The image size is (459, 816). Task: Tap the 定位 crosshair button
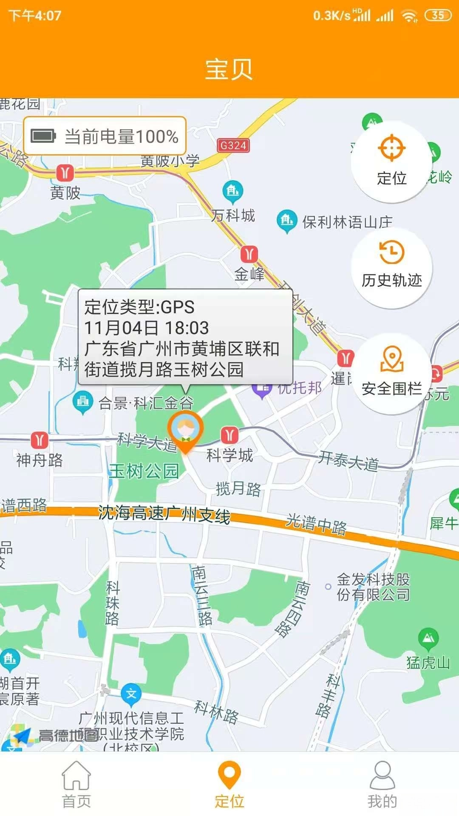[391, 161]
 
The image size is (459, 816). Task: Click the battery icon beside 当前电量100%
[43, 136]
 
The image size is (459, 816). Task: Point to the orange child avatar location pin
[185, 430]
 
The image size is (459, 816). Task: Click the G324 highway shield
[233, 145]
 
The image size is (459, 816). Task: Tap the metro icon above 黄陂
[65, 173]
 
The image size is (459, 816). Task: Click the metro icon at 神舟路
[40, 440]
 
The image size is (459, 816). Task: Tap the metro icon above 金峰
[249, 254]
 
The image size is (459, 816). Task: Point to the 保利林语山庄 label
[347, 222]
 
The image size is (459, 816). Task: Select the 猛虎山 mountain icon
[428, 637]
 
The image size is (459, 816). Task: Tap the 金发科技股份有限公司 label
[373, 587]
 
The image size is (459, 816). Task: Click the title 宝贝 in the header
[229, 69]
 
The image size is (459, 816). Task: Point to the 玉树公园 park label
[144, 471]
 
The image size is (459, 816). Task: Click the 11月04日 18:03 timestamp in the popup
[147, 328]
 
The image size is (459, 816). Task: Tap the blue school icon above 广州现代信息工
[131, 694]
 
